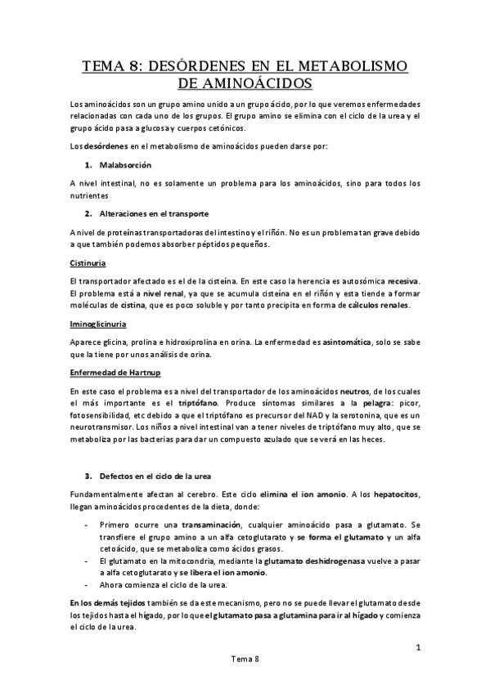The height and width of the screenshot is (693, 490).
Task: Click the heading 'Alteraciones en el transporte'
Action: point(153,214)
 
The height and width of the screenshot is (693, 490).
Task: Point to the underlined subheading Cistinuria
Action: point(89,263)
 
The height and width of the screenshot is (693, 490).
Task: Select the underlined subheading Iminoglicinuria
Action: point(98,324)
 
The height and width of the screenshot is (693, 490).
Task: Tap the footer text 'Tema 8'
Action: point(245,659)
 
